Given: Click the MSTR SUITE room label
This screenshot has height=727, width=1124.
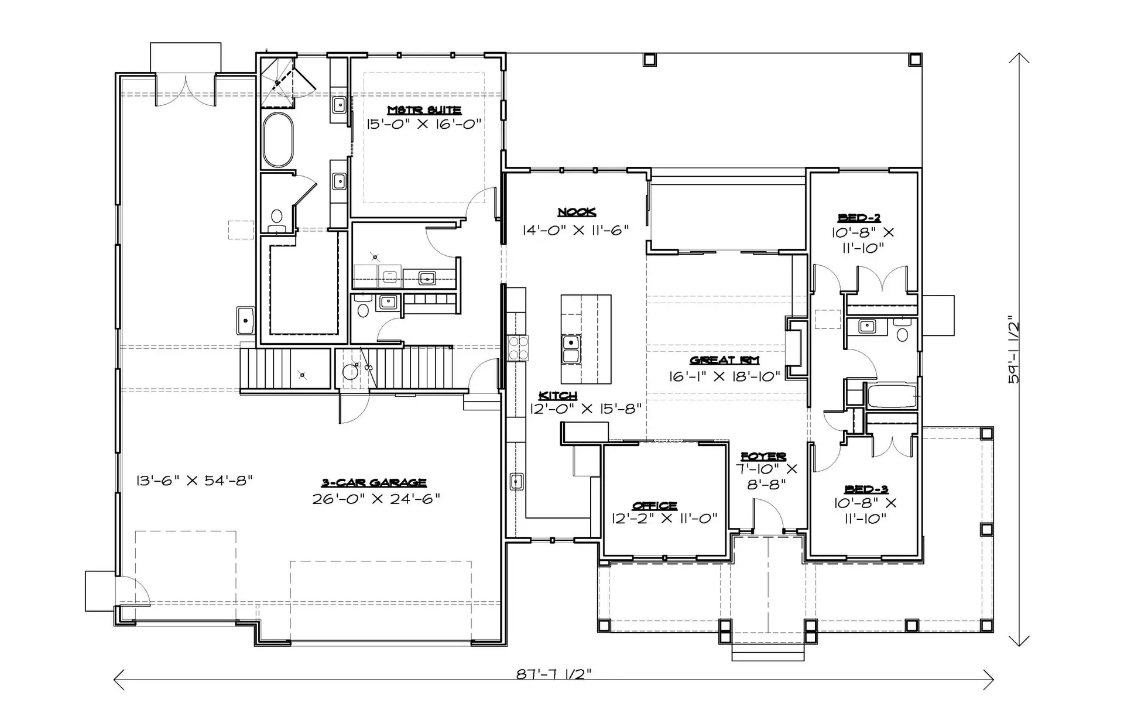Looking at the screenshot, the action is tap(424, 110).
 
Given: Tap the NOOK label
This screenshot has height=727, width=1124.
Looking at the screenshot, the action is tap(577, 212).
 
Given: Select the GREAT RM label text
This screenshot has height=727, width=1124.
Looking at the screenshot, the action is tap(725, 361).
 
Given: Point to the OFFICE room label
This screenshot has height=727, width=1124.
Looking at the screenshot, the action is tap(654, 505).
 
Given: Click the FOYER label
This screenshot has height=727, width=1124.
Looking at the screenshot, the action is tap(763, 456).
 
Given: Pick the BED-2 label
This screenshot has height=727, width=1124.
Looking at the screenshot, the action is tap(859, 218).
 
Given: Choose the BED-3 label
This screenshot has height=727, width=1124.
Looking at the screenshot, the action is tap(866, 489).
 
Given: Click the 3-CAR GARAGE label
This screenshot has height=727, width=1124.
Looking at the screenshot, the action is tap(374, 483).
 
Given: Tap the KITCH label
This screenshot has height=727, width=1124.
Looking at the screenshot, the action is tap(558, 396).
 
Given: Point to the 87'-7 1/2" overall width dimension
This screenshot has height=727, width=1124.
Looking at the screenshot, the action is tap(554, 674).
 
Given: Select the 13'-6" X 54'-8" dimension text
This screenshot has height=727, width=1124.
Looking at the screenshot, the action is tap(194, 481).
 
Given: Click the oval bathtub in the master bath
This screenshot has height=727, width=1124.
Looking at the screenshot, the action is tap(277, 140).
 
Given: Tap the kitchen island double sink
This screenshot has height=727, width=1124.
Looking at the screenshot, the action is tap(571, 349).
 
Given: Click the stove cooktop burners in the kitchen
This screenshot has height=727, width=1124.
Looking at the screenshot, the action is tap(518, 347).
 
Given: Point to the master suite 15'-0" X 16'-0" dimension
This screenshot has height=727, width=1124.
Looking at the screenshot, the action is tap(424, 124).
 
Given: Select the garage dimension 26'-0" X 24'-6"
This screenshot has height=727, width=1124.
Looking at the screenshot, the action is tap(376, 499).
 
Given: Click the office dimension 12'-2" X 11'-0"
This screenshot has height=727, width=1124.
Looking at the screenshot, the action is tap(664, 519).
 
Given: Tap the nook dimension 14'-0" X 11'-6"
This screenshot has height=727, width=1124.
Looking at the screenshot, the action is tap(575, 230).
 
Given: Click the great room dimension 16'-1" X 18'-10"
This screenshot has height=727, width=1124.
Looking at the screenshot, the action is tap(725, 376).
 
